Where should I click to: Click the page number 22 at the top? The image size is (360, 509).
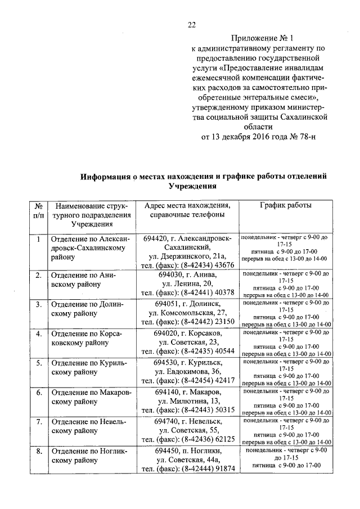191,24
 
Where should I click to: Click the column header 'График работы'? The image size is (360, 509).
286,205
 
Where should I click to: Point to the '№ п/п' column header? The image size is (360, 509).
38,210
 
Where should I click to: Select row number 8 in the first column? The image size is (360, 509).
38,451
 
